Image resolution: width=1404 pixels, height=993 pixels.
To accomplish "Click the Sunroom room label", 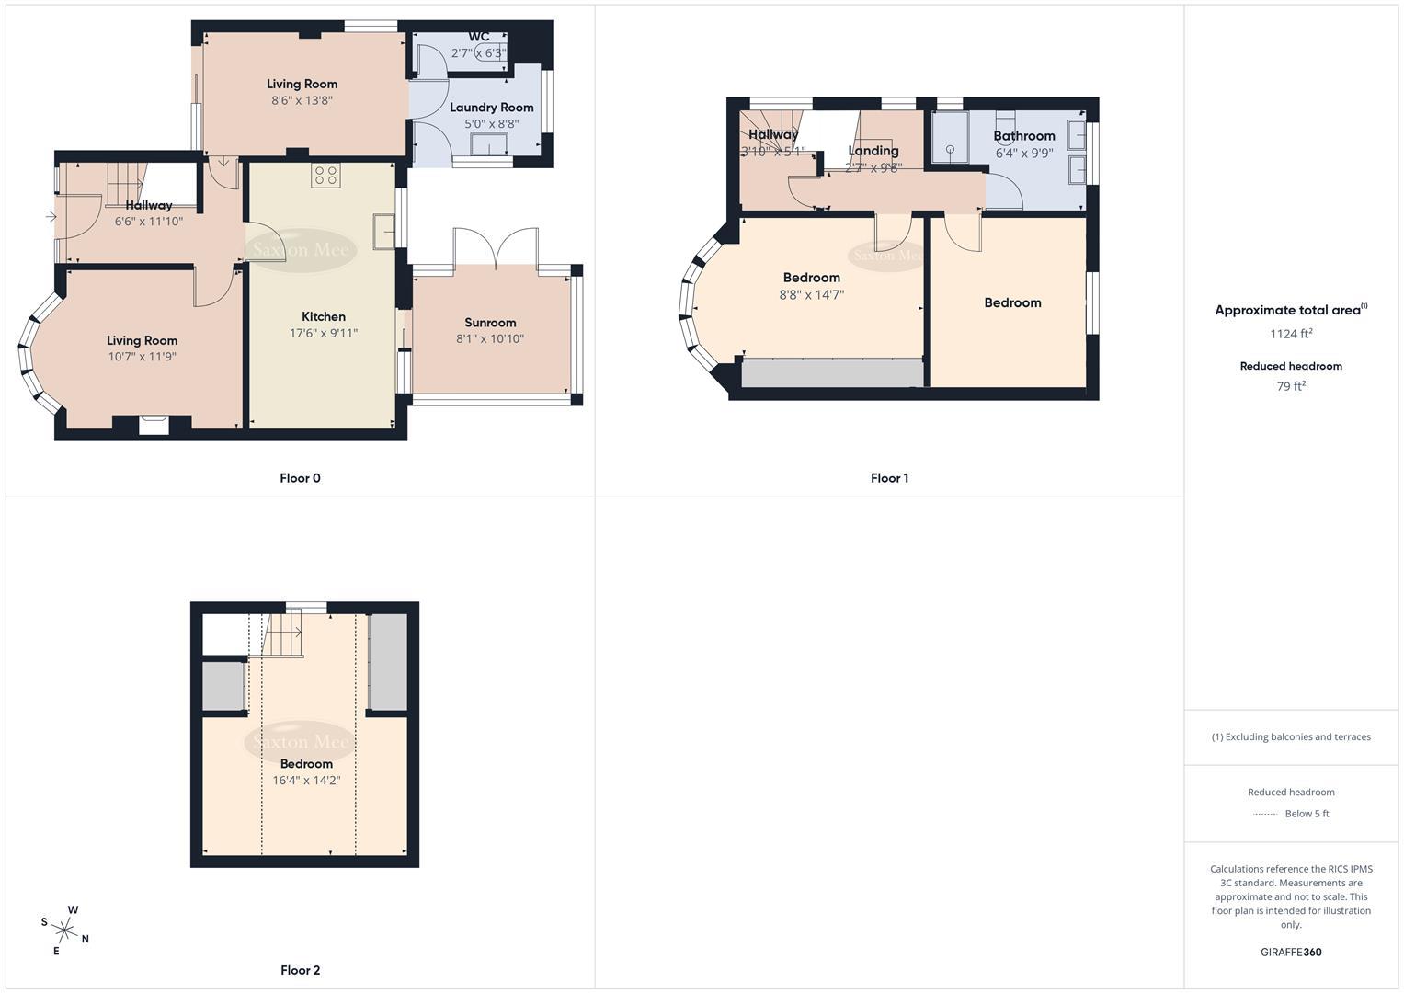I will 490,323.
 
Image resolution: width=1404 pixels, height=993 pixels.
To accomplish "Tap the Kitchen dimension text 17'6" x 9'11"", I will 324,334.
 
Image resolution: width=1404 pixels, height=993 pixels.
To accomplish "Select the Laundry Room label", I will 491,108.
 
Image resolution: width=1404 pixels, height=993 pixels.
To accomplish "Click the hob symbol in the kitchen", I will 325,175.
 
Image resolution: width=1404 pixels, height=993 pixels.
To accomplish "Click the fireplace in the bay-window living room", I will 154,424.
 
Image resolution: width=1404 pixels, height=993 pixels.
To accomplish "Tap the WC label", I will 479,37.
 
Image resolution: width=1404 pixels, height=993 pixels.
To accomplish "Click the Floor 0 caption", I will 300,478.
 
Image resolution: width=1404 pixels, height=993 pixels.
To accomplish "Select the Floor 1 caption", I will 889,478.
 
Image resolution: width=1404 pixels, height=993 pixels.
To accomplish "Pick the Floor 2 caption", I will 300,970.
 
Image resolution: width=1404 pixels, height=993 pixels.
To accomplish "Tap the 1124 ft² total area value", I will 1291,334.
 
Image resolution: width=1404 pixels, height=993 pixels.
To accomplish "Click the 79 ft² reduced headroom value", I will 1291,386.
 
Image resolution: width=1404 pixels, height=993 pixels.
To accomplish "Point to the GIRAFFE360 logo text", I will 1291,953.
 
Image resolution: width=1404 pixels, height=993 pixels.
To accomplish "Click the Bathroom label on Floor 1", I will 1023,136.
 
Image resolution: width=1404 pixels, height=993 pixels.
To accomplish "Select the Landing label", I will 873,151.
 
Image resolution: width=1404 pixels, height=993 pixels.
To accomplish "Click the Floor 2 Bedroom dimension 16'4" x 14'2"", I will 306,781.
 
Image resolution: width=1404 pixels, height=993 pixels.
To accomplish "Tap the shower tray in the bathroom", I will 951,138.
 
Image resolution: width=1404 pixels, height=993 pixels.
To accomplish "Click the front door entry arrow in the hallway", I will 50,217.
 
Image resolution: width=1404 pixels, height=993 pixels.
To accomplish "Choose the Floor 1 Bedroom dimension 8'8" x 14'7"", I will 811,295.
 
